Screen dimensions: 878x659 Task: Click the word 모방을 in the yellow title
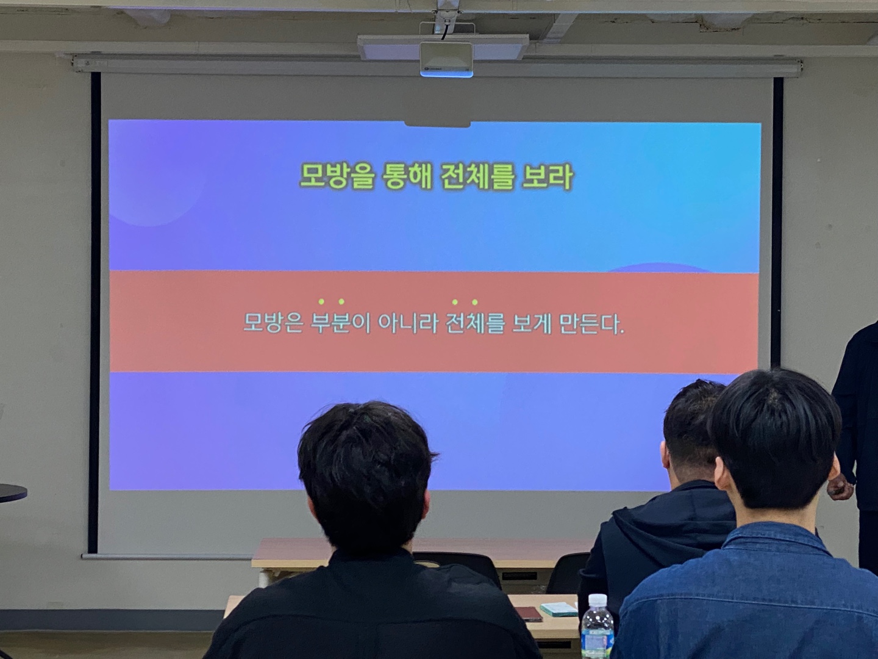[337, 176]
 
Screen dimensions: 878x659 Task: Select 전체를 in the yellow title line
[476, 176]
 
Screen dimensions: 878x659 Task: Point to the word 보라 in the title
[547, 176]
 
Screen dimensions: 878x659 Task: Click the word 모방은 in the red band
[273, 323]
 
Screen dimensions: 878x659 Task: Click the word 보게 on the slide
[532, 323]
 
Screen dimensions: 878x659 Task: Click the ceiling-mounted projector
[446, 59]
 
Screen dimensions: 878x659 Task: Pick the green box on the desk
[559, 610]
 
